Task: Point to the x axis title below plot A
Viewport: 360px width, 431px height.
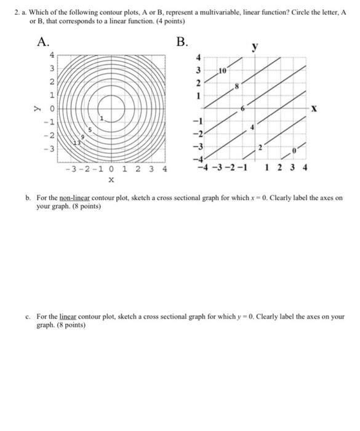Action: (x=111, y=180)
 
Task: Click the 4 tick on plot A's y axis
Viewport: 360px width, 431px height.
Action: (x=53, y=55)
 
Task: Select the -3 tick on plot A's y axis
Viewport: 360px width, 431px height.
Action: (x=52, y=148)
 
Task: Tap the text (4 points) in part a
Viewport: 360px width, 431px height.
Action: (x=168, y=22)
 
